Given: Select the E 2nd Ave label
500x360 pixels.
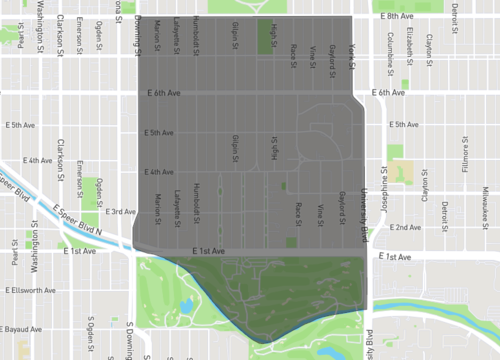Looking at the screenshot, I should [405, 227].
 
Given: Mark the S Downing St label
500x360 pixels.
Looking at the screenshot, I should [129, 341].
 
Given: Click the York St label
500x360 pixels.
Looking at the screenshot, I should [353, 57].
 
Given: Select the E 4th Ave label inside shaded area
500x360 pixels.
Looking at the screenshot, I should [160, 172].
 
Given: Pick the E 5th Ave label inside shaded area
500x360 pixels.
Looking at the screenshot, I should [160, 133].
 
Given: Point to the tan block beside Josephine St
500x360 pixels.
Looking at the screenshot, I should [402, 171].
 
